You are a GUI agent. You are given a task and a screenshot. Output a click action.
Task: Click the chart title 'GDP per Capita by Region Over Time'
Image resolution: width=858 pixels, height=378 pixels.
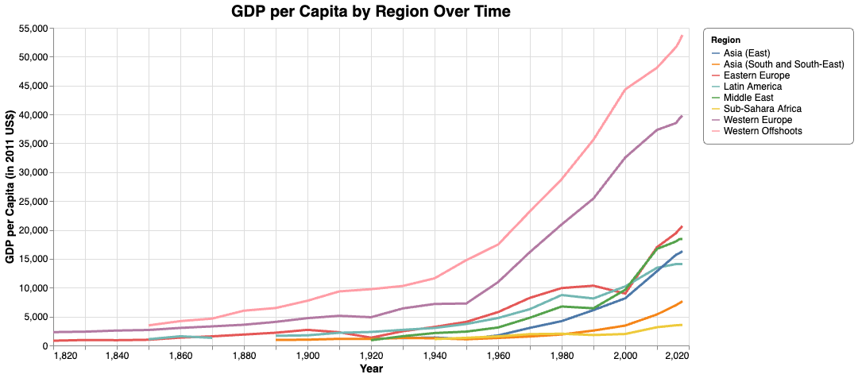point(370,11)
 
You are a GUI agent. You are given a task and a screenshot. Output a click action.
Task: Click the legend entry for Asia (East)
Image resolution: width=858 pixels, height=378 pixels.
point(747,53)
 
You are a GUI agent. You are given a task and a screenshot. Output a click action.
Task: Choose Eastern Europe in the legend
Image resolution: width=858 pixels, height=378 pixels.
point(756,75)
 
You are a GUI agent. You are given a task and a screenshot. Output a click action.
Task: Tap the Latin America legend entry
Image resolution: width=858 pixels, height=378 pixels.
point(753,87)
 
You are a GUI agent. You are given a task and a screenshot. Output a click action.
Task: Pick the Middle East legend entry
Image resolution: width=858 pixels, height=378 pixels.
point(751,98)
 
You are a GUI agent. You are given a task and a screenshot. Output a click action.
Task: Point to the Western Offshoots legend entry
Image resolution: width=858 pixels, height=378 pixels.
point(763,131)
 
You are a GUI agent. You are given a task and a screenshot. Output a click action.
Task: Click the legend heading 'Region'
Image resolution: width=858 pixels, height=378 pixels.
point(726,40)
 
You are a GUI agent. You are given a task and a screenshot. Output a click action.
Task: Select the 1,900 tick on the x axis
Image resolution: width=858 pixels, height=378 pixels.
point(307,357)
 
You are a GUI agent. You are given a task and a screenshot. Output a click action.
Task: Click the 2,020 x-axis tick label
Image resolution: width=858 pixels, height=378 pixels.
point(677,357)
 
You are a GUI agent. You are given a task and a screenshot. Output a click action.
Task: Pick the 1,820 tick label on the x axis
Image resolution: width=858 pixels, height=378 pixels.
point(65,357)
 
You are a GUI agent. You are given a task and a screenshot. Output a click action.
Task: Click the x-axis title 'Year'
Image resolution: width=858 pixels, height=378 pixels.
point(370,369)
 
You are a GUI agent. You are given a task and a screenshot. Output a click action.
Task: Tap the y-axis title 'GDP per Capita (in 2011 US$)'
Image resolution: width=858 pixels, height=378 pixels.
point(10,187)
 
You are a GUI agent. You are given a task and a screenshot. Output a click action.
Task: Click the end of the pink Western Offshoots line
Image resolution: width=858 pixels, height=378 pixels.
point(682,36)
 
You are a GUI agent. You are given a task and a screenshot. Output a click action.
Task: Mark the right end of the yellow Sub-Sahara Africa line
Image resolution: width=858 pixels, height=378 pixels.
point(682,325)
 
